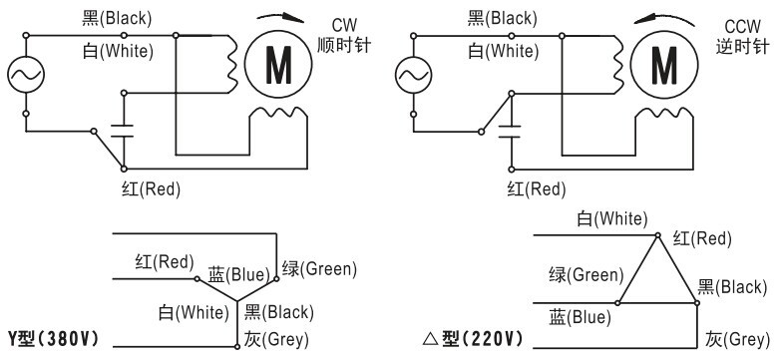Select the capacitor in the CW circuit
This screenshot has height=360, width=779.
pos(124,129)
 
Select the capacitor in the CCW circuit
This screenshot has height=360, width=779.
pos(510,129)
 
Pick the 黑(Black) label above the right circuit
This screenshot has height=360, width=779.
pos(502,17)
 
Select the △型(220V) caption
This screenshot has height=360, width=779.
pos(474,339)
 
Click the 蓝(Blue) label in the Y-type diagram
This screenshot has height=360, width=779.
pos(236,274)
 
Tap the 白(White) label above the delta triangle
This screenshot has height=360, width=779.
pos(611,218)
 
